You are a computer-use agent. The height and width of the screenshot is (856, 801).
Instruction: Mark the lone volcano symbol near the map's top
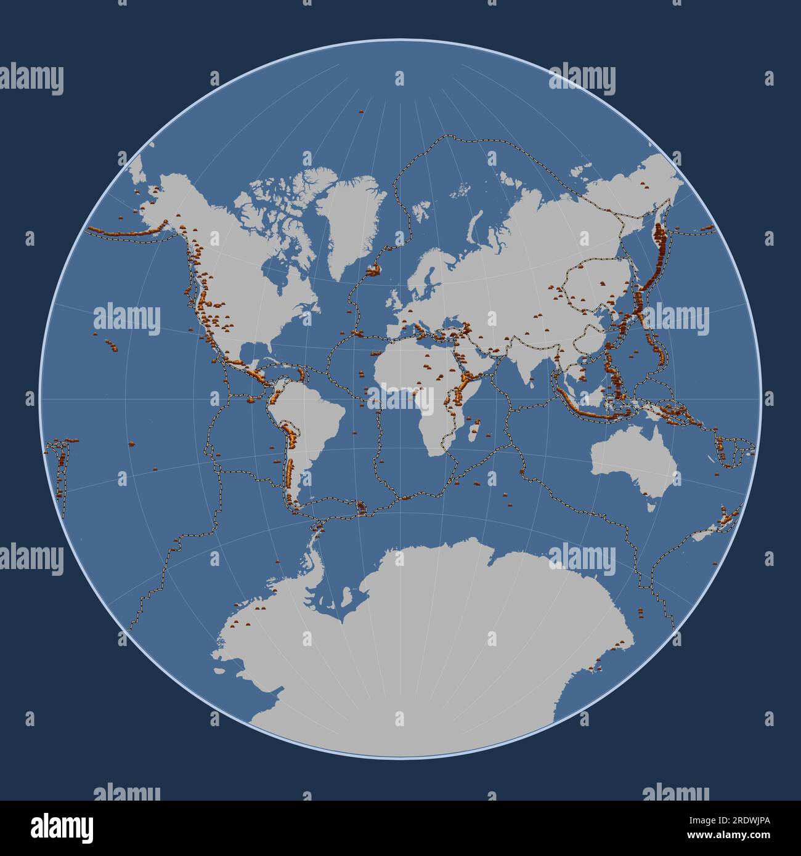click(x=361, y=111)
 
